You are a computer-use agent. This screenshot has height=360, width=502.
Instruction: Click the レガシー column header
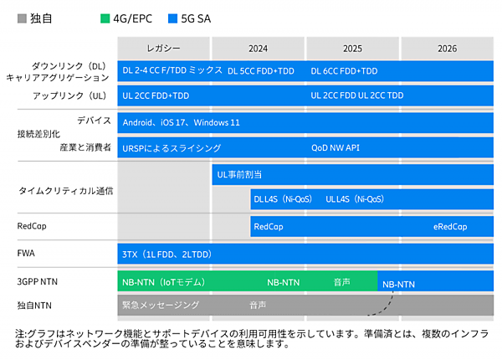point(163,49)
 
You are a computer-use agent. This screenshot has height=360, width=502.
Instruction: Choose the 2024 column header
point(258,49)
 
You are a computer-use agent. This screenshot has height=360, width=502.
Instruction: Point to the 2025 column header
point(352,49)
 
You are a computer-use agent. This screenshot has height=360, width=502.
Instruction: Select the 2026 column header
point(447,49)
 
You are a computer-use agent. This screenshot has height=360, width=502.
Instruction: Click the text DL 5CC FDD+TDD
point(261,71)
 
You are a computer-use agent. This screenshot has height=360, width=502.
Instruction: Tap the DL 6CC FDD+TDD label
point(344,71)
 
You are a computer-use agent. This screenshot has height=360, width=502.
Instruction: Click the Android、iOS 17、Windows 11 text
point(181,122)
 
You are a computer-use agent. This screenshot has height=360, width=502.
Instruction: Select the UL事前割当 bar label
point(239,174)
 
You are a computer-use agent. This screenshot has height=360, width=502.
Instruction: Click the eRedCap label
point(450,226)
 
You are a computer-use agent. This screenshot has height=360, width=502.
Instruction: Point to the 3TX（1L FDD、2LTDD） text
point(166,254)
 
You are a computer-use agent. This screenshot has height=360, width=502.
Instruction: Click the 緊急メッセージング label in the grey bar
point(160,305)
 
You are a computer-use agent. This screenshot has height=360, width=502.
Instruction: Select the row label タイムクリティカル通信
point(65,191)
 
